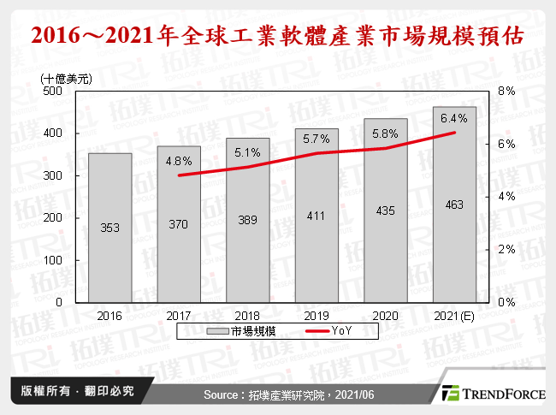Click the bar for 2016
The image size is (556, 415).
click(111, 228)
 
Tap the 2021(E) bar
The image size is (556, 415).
click(454, 205)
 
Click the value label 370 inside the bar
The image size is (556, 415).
click(180, 224)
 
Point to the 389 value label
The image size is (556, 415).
click(248, 219)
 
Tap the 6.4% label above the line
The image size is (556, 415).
click(453, 118)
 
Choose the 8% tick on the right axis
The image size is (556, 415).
click(506, 91)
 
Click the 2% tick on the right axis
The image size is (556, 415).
click(506, 250)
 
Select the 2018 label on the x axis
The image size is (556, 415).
click(248, 314)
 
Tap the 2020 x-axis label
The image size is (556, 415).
click(386, 314)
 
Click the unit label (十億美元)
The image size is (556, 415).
click(68, 78)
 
